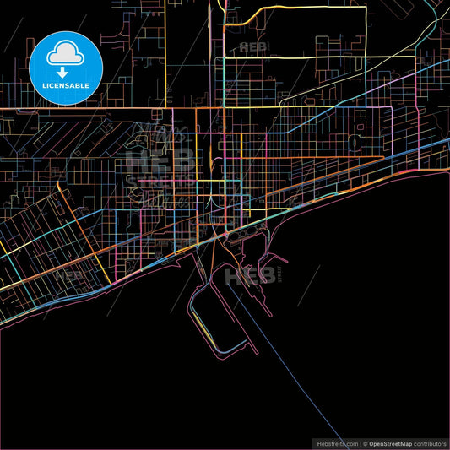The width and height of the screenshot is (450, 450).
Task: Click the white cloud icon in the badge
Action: click(65, 52)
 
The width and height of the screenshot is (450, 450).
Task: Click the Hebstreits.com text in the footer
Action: click(334, 443)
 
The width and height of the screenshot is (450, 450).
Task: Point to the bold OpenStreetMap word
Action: click(391, 443)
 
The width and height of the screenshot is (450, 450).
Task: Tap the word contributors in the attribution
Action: click(430, 443)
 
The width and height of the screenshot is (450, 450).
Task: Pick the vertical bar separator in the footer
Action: click(359, 443)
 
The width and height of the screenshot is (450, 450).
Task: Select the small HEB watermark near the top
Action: click(252, 46)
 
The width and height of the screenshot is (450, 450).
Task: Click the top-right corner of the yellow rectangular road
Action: click(366, 8)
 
